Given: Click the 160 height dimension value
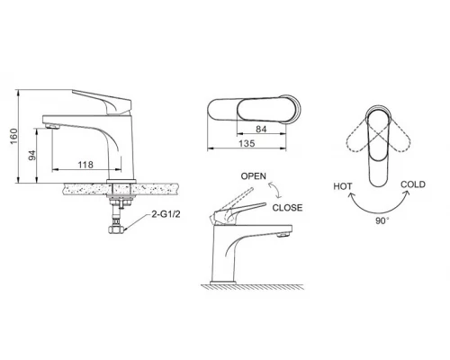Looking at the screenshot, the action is pos(13,136).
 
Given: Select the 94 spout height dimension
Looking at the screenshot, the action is pos(31,156).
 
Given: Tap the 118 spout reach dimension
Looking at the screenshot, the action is pos(85,165).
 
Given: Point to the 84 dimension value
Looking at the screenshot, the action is pos(261,129).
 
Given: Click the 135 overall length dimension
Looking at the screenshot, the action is pos(247,143).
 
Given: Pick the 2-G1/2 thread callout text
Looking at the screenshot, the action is pos(166,214).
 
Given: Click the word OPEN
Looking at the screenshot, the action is pos(254,176).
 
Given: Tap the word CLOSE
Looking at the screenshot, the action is pos(287,208).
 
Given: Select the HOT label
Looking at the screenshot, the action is pos(343,186).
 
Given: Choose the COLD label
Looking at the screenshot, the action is pos(413,184).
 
